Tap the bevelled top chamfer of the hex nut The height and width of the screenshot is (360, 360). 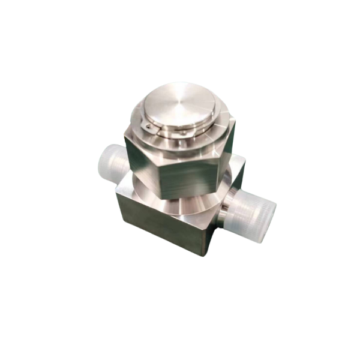[x=180, y=147]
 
